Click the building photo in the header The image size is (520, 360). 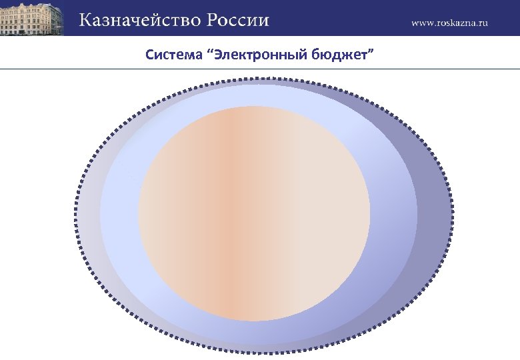pos(32,18)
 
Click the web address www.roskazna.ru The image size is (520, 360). pos(449,22)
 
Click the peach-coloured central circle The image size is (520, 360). pos(253,213)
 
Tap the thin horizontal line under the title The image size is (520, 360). pos(260,69)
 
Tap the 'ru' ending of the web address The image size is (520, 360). pos(484,23)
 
